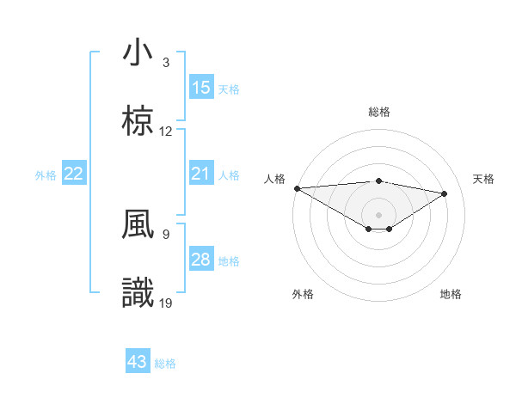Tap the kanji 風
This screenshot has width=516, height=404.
pos(138,223)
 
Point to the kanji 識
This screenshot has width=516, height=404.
pos(138,292)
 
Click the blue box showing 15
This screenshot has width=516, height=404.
pos(200,88)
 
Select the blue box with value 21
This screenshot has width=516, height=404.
pos(200,174)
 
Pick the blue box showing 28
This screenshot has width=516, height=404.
pos(200,260)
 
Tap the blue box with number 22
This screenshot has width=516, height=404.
pos(73,174)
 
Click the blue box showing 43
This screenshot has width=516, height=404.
pos(137,362)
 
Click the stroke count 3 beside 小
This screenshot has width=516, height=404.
pos(166,63)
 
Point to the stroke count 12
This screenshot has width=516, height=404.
pos(166,132)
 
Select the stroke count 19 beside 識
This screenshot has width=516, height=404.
pos(166,303)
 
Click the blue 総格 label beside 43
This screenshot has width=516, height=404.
pos(165,363)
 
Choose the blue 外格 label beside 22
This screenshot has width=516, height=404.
pos(46,174)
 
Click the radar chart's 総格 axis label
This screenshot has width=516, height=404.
pos(378,112)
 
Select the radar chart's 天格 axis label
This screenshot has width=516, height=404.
pos(483,179)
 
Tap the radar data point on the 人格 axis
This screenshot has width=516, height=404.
pos(297,188)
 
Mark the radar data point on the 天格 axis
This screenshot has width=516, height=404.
pos(445,193)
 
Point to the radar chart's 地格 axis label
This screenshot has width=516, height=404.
pos(451,294)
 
